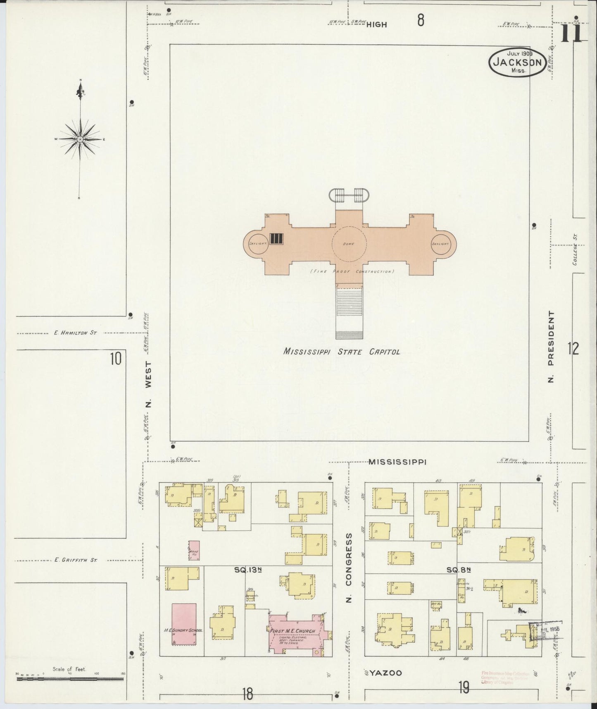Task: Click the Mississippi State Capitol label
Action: (x=342, y=352)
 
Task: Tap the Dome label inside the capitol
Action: (x=348, y=244)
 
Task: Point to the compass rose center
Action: (x=80, y=139)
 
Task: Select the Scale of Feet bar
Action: (x=69, y=678)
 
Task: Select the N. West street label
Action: (x=149, y=384)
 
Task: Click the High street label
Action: (x=376, y=24)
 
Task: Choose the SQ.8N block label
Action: (x=459, y=570)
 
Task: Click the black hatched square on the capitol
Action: (x=276, y=239)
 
